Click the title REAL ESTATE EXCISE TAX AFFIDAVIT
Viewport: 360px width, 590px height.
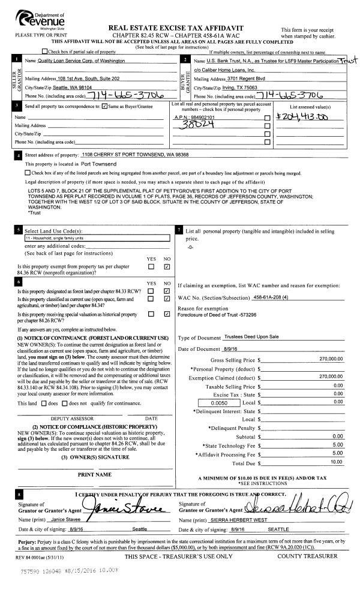[x=175, y=28]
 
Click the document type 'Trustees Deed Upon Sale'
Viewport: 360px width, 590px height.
[x=250, y=339]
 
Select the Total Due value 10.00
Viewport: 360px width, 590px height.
[x=336, y=462]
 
